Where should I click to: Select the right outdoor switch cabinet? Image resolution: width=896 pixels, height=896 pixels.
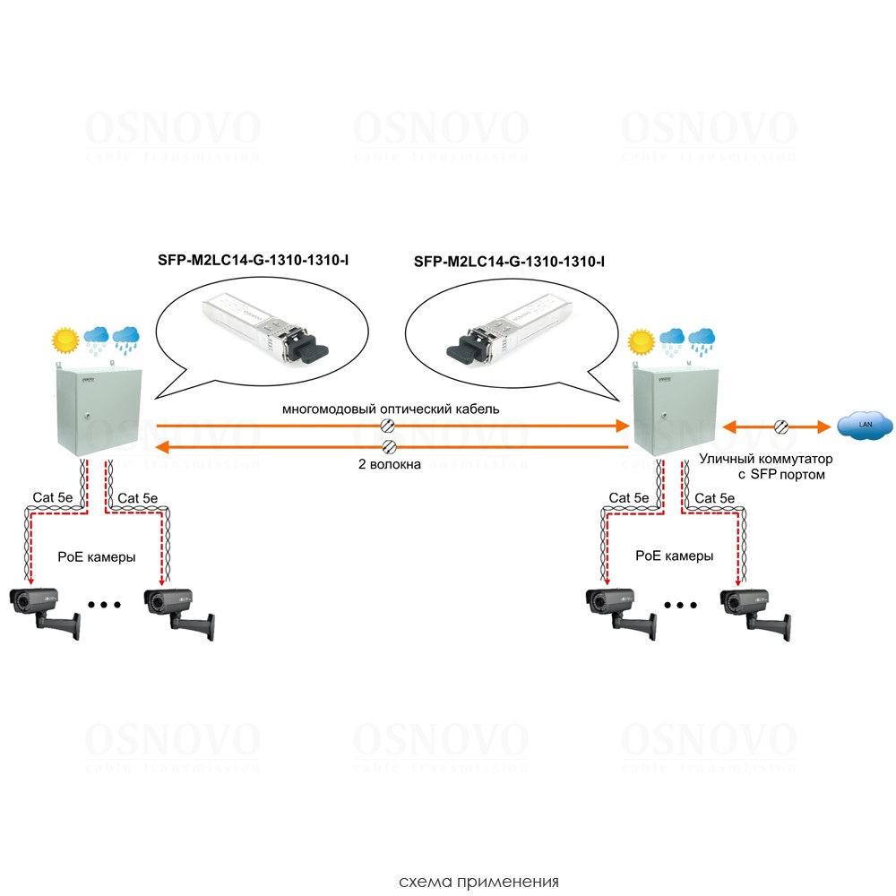pos(668,411)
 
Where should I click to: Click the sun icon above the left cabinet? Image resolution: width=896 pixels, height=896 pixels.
pos(65,340)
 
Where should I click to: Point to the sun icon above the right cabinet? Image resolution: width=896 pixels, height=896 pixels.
pos(641,341)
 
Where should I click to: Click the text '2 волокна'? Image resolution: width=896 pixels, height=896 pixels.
pos(390,465)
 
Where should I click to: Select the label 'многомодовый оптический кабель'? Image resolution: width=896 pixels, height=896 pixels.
pos(391,409)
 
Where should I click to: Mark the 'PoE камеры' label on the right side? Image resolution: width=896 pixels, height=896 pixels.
pos(675,556)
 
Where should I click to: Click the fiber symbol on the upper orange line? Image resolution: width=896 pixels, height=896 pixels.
pos(390,426)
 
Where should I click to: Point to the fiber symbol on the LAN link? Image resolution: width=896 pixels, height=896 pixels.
pos(781,427)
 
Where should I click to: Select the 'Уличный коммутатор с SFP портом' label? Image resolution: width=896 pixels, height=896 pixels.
pos(759,467)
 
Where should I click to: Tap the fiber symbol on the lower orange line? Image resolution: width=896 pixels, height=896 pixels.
pos(390,446)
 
